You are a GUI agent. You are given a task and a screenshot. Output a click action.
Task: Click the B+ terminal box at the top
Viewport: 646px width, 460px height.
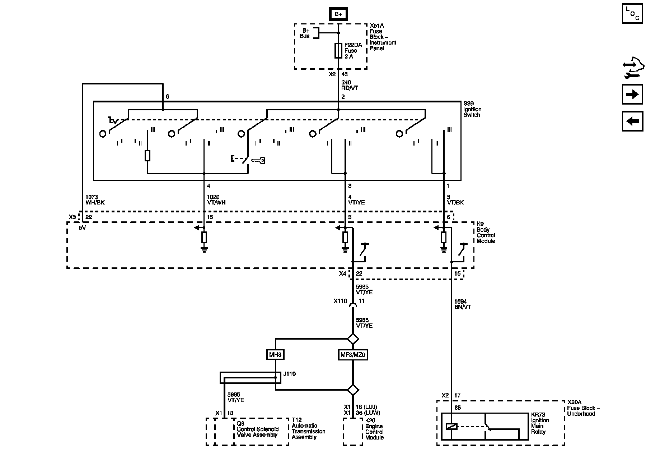click(338, 14)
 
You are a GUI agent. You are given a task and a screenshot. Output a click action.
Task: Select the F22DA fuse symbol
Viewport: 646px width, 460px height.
click(338, 51)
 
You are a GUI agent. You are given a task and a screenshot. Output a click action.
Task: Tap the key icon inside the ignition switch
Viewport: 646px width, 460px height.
click(258, 160)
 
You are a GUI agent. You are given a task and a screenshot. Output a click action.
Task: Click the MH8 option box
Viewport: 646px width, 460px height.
click(276, 355)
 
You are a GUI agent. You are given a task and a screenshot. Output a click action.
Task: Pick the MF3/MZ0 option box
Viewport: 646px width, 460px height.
click(353, 355)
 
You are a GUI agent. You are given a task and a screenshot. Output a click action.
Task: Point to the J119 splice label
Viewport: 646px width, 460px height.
click(289, 374)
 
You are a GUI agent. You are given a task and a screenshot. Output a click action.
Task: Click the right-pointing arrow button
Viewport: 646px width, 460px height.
click(632, 95)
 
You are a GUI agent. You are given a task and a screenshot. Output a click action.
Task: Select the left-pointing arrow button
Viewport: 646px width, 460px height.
click(632, 121)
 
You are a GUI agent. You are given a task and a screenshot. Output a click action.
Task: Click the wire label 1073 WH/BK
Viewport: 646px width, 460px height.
click(95, 200)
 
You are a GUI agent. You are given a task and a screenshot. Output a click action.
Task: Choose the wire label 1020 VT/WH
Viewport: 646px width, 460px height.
click(216, 200)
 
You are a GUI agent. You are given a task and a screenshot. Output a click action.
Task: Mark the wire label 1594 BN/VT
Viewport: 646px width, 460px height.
click(463, 304)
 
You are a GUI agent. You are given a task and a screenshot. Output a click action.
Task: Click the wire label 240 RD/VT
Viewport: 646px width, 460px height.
click(350, 85)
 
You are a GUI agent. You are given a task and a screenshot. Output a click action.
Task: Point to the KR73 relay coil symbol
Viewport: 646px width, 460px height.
click(451, 427)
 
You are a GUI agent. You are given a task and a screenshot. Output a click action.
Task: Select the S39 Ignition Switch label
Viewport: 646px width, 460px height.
click(472, 109)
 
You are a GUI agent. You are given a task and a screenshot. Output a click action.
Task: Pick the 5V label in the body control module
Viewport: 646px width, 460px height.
click(83, 227)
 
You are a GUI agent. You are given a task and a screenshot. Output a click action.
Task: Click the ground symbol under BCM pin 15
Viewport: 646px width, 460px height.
click(204, 249)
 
